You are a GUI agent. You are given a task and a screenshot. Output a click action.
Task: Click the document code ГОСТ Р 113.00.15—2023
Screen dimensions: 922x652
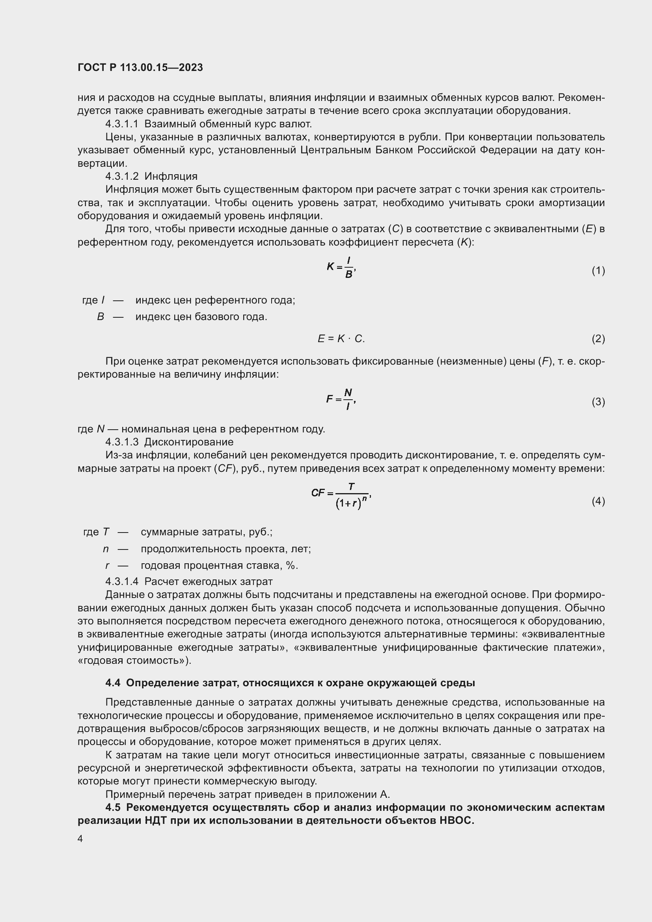tap(140, 67)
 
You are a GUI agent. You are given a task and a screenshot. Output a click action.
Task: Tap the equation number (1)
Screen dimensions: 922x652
tap(598, 271)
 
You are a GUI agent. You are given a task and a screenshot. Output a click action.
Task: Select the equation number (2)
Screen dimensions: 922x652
tap(598, 339)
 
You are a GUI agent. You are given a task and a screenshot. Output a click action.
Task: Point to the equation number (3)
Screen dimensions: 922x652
tap(598, 402)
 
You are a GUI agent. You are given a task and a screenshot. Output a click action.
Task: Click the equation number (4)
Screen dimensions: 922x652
tap(598, 501)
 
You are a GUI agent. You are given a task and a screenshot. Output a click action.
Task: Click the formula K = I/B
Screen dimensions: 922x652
tap(341, 267)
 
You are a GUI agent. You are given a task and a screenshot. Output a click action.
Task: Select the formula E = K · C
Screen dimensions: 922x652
tap(341, 339)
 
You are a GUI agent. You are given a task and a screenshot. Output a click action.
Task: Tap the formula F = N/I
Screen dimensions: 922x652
tap(341, 399)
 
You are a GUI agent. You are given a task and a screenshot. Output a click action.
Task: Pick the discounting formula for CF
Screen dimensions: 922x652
tap(341, 495)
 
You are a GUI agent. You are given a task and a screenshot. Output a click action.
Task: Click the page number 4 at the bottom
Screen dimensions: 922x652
tap(80, 839)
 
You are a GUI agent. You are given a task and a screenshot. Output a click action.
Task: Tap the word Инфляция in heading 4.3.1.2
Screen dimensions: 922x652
tap(171, 176)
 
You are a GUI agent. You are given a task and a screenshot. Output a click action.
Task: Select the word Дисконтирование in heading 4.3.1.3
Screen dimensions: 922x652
tap(189, 442)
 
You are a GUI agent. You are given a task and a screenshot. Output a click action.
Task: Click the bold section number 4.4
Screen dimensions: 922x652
tap(113, 683)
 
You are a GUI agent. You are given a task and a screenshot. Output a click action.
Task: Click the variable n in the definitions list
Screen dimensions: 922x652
tap(106, 549)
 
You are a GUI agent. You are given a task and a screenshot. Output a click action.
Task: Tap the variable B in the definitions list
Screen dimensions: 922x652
tap(101, 317)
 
